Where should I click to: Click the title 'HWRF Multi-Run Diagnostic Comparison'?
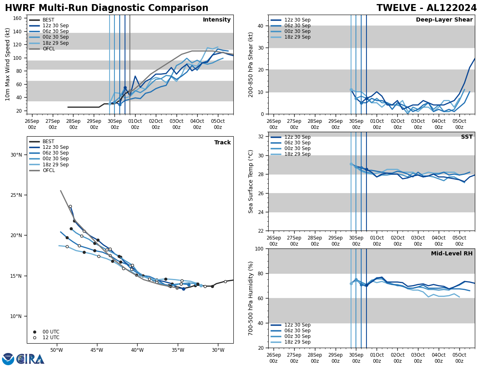pos(106,8)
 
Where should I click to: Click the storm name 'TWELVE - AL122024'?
pos(427,8)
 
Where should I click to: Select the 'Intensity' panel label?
pos(217,20)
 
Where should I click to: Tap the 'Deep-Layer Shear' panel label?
pos(444,20)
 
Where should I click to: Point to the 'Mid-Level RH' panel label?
pos(452,254)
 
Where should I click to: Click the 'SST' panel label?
pos(467,137)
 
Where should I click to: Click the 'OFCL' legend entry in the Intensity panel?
pos(49,49)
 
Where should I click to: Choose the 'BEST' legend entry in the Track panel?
pos(48,142)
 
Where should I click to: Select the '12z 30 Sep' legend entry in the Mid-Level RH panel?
pos(297,325)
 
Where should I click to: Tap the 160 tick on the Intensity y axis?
pos(17,18)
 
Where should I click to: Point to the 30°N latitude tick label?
pos(16,155)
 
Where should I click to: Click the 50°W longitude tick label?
pos(56,351)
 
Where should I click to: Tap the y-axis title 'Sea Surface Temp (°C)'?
pos(251,181)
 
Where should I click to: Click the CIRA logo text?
pos(30,359)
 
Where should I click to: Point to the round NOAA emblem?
pos(8,359)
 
